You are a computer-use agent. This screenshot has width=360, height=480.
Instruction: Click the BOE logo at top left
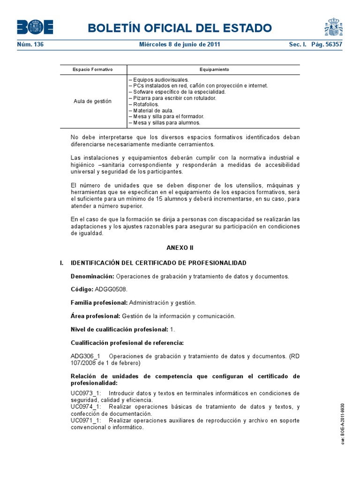35,27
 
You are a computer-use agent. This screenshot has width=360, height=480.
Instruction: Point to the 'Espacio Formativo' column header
93,69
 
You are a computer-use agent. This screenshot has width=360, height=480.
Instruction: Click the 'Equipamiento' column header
214,69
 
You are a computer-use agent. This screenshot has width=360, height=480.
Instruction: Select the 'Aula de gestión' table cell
93,101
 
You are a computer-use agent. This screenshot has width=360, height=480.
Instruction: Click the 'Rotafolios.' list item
143,105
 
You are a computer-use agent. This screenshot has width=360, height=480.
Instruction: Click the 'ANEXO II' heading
180,247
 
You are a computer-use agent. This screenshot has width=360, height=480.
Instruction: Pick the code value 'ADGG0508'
111,290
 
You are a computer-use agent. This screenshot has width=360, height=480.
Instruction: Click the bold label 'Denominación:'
92,276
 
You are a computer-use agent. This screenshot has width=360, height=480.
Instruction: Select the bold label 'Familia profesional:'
99,303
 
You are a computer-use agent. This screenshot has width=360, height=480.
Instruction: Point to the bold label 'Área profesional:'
95,316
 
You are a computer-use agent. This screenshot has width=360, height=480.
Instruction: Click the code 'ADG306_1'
86,356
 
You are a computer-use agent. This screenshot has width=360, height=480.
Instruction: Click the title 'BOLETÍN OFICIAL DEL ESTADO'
180,28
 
